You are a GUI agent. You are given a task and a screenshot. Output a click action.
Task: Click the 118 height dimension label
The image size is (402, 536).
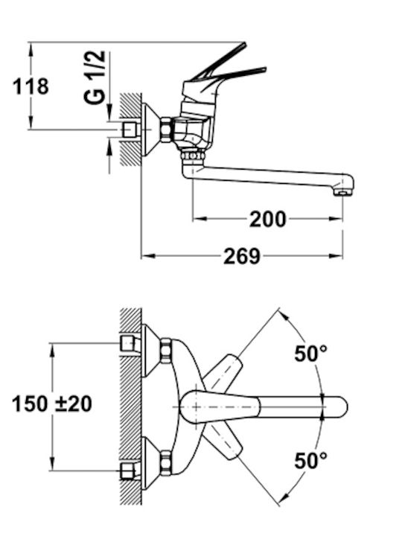coord(31,86)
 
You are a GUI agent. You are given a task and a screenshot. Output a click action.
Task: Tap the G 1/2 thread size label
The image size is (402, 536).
coord(95,77)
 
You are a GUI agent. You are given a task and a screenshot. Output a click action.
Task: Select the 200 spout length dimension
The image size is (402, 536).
coord(268,219)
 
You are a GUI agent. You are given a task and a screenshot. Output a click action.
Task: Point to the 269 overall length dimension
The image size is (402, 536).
coord(242,256)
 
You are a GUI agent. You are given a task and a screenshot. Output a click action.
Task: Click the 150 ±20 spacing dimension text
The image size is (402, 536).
coord(52,403)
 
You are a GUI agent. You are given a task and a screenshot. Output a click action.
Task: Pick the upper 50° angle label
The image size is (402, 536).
coord(310,354)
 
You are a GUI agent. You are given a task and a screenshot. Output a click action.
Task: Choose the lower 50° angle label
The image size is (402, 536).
coord(310,461)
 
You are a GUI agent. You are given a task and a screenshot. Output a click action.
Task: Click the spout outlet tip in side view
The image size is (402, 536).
coord(344,191)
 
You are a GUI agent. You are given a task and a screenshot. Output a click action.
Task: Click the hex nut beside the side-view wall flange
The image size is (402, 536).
coord(166,130)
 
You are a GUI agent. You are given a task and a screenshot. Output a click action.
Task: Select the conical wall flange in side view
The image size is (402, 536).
coord(150,130)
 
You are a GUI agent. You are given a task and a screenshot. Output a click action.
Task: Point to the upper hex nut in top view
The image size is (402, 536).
coord(166,351)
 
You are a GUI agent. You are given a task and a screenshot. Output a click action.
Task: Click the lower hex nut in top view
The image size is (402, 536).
coord(166,462)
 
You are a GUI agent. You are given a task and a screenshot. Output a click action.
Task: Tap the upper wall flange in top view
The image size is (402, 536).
coord(150,351)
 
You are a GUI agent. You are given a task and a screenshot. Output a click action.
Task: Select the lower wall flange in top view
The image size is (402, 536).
coord(150,462)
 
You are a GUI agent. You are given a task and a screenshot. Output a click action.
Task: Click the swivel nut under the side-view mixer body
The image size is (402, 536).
coord(193,156)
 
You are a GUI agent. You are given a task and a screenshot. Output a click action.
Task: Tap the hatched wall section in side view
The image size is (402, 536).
coord(131,130)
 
